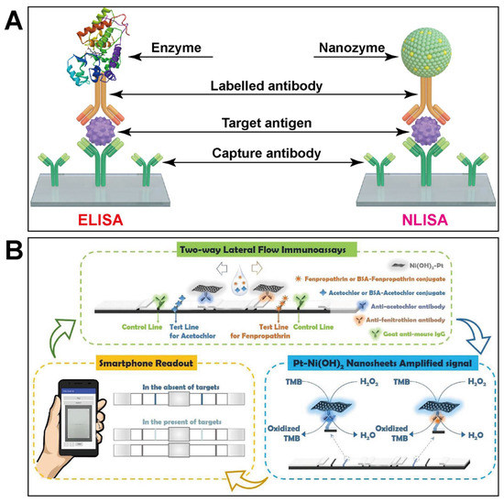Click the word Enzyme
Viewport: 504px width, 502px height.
181,59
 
